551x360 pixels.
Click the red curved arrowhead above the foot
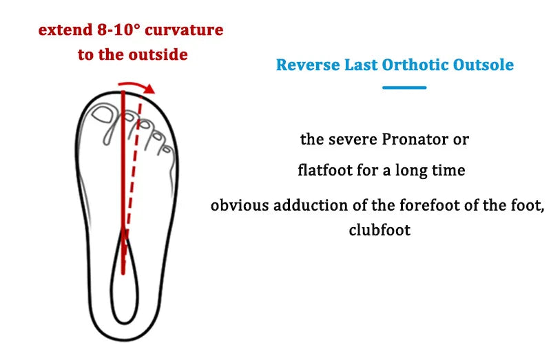click(x=149, y=89)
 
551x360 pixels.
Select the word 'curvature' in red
click(x=188, y=31)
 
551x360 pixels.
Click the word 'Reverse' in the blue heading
click(x=307, y=65)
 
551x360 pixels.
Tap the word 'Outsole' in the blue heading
click(x=484, y=65)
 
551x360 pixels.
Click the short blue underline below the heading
click(x=404, y=87)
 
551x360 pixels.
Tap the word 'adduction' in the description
click(x=311, y=205)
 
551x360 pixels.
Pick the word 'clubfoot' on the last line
click(x=380, y=230)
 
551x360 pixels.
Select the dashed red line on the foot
click(x=133, y=172)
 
